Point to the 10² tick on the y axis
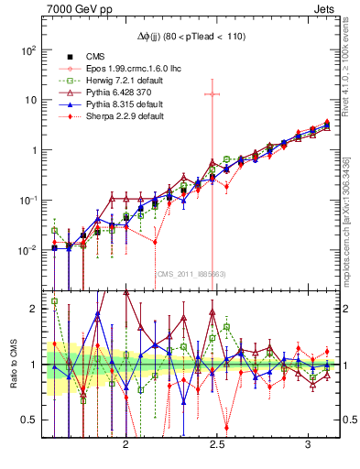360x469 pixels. [29, 49]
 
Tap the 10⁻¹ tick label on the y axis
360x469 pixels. [29, 199]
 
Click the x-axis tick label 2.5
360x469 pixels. [217, 443]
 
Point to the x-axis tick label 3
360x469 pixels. [307, 443]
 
